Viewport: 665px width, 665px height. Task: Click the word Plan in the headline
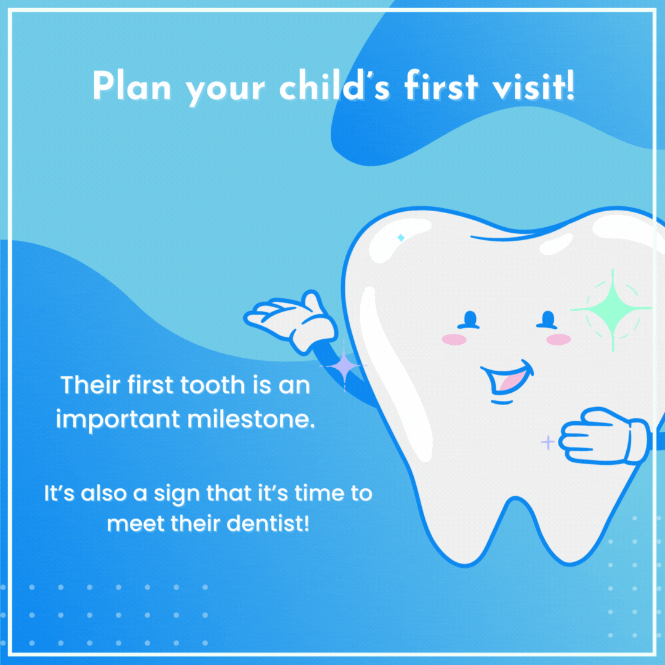pos(132,86)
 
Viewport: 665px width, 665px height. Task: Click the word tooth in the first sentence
pos(212,385)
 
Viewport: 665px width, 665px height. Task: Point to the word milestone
pos(251,419)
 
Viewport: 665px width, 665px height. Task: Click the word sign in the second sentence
pos(177,494)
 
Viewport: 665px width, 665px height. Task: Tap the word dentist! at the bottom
pos(268,524)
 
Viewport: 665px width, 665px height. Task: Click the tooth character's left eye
pos(469,320)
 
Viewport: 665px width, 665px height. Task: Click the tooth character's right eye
pos(547,320)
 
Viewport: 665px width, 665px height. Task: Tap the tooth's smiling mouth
pos(507,379)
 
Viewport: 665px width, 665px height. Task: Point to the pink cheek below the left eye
pos(454,339)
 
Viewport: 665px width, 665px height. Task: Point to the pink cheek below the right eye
pos(558,339)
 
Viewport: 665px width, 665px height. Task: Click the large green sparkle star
pos(612,310)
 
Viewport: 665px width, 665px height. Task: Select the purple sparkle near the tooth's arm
pos(344,366)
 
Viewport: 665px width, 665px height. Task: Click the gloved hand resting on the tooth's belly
pos(605,435)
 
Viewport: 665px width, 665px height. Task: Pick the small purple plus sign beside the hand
pos(547,442)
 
